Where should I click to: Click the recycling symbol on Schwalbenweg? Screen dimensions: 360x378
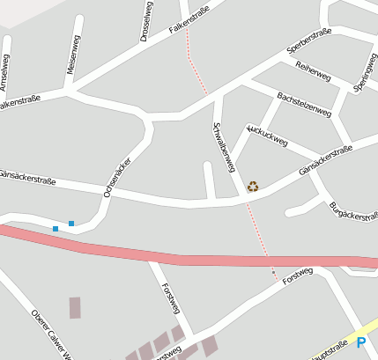click(x=253, y=186)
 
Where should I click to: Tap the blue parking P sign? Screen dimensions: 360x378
click(x=361, y=342)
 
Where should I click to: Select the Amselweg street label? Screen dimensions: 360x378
click(x=4, y=72)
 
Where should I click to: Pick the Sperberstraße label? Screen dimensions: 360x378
click(x=309, y=40)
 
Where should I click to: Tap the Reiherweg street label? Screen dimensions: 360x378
click(x=313, y=72)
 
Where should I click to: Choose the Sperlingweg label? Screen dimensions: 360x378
click(x=364, y=75)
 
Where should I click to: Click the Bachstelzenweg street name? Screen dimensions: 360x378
click(x=303, y=105)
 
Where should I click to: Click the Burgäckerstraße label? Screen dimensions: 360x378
click(x=352, y=212)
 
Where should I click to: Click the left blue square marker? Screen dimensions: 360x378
click(x=56, y=229)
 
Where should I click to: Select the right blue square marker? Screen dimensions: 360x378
click(x=71, y=223)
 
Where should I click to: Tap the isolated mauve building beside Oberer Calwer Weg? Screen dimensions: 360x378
click(x=75, y=307)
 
